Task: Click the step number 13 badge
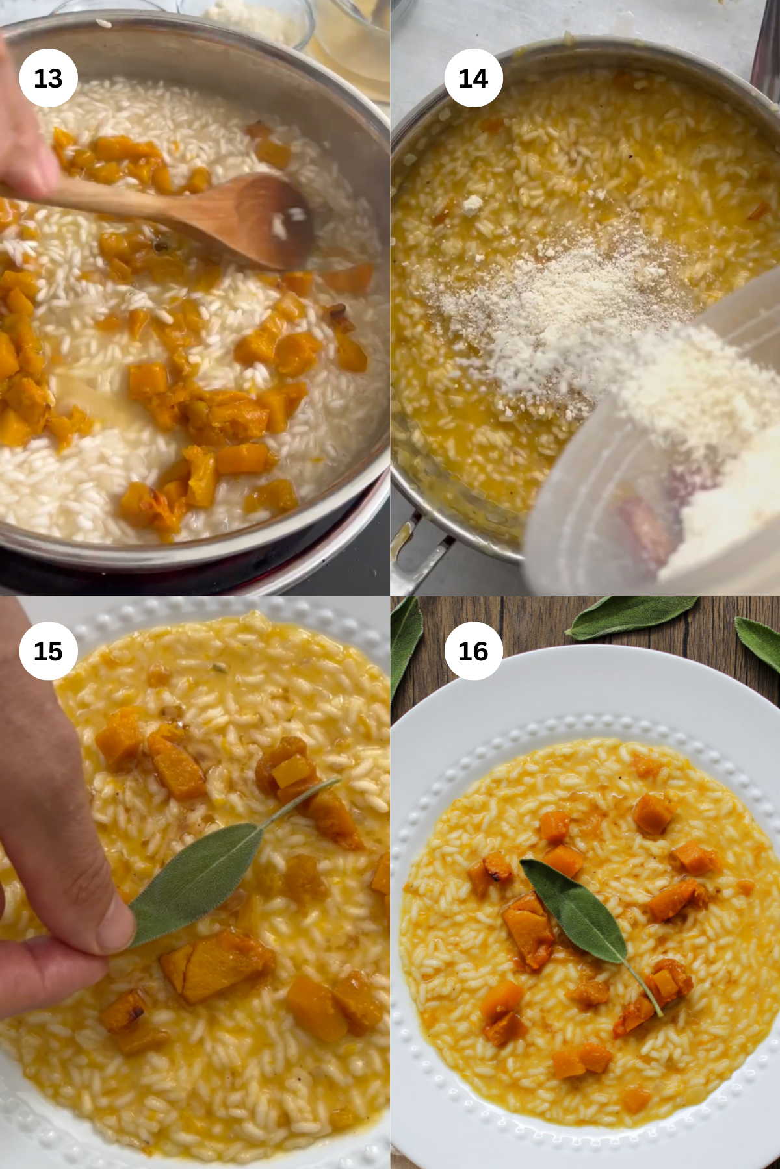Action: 48,78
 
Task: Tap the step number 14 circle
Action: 473,78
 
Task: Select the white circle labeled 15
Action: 48,651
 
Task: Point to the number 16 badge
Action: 473,651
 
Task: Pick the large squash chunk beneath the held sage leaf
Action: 221,964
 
